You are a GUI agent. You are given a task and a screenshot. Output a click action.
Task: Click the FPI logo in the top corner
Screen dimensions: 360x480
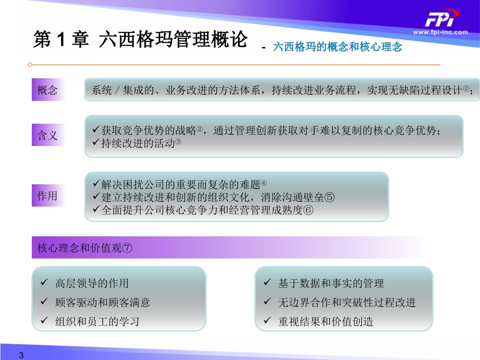pos(440,20)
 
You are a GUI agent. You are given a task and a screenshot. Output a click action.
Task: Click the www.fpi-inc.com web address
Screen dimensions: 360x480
pos(440,32)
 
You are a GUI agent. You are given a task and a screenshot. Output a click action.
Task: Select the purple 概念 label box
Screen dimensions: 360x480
pos(48,90)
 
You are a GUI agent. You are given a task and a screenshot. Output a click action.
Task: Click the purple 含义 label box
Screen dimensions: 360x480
pos(48,135)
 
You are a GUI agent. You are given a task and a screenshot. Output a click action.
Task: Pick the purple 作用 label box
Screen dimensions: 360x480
pos(48,195)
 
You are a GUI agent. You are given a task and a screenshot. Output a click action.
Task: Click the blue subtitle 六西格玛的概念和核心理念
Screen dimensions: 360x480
pos(337,47)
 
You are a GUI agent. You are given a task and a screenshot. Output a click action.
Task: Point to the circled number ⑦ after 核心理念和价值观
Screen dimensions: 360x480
pos(127,248)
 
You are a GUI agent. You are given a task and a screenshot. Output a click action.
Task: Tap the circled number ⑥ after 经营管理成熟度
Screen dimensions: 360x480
pos(308,210)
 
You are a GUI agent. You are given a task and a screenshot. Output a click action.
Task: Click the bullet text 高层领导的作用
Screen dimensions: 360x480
pos(92,283)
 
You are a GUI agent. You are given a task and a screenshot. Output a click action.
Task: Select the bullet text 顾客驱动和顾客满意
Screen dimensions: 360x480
pos(103,302)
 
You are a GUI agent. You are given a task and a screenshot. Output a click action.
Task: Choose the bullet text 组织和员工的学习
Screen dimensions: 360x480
pos(97,321)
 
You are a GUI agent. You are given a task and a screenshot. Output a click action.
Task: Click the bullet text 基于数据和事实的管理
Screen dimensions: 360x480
pos(331,283)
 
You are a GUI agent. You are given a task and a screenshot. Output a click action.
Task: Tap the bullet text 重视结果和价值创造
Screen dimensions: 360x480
pos(325,321)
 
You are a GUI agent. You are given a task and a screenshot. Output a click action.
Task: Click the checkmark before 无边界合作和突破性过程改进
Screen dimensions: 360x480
pos(267,302)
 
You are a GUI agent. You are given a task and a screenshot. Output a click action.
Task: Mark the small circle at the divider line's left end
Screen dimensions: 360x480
pos(30,65)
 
